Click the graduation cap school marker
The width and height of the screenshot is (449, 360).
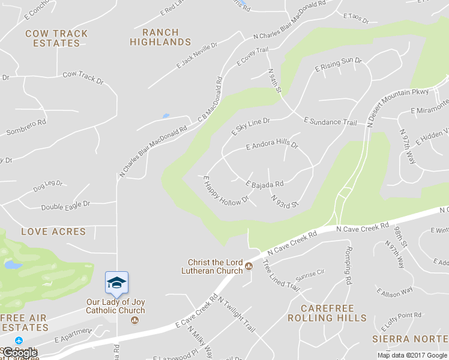[116, 283]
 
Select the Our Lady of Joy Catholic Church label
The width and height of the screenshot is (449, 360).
[115, 307]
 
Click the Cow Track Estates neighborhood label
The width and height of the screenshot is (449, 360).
[56, 38]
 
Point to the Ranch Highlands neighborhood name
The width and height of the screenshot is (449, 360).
[160, 37]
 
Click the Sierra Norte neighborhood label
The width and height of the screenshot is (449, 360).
[409, 339]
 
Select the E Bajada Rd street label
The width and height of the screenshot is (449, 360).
[264, 183]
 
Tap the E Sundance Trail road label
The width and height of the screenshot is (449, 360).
[330, 122]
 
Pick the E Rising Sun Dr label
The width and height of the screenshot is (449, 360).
[339, 64]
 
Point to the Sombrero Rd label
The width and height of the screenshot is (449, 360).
[26, 127]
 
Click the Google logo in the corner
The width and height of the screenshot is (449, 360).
[20, 353]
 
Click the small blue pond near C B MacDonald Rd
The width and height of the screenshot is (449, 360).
[166, 116]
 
